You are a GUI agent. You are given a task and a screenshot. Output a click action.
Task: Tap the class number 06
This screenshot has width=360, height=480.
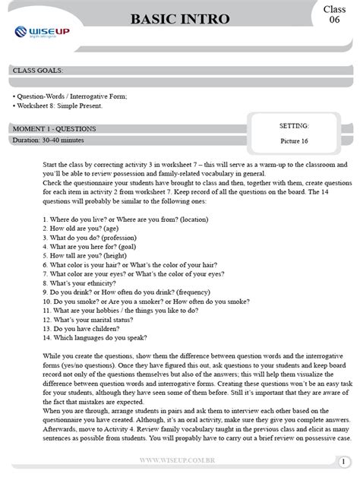click(333, 21)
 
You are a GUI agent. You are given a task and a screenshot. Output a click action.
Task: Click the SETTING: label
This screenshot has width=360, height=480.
click(294, 125)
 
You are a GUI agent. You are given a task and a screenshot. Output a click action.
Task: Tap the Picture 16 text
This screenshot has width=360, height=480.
click(294, 141)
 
